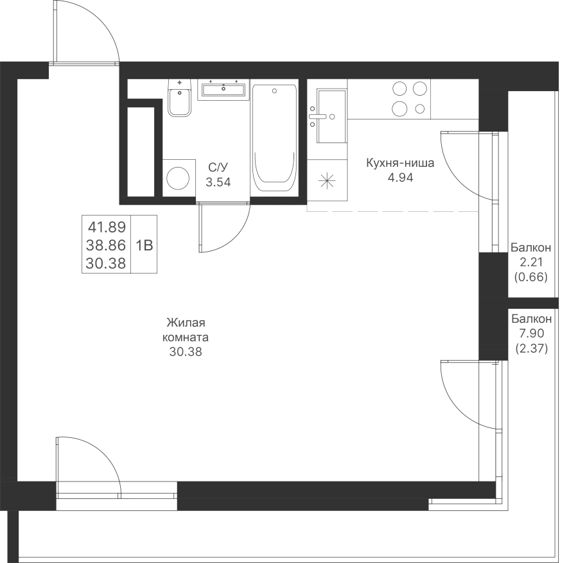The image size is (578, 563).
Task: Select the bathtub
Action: (x=274, y=137)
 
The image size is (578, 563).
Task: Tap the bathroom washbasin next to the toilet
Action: (x=223, y=89)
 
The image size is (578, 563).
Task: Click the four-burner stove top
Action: (x=410, y=98)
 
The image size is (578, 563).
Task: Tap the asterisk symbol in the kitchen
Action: (x=327, y=181)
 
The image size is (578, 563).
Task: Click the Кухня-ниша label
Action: (x=400, y=163)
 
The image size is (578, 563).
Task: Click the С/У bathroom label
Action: (x=218, y=168)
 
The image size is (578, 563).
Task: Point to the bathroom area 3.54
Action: (x=218, y=182)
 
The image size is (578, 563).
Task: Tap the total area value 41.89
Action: (x=107, y=227)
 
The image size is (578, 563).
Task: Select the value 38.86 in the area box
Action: (x=107, y=245)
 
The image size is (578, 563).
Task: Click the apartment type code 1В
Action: (x=144, y=245)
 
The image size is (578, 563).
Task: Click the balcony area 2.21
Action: (x=531, y=262)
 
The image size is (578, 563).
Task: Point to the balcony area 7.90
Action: (x=531, y=333)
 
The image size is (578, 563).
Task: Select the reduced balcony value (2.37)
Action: (x=531, y=349)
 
